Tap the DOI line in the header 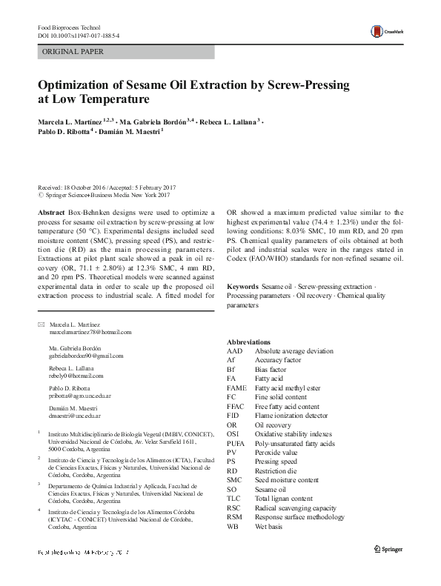[78, 36]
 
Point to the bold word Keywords [242, 285]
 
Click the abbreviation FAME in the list [236, 387]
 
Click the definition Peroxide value [276, 452]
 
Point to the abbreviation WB [233, 527]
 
